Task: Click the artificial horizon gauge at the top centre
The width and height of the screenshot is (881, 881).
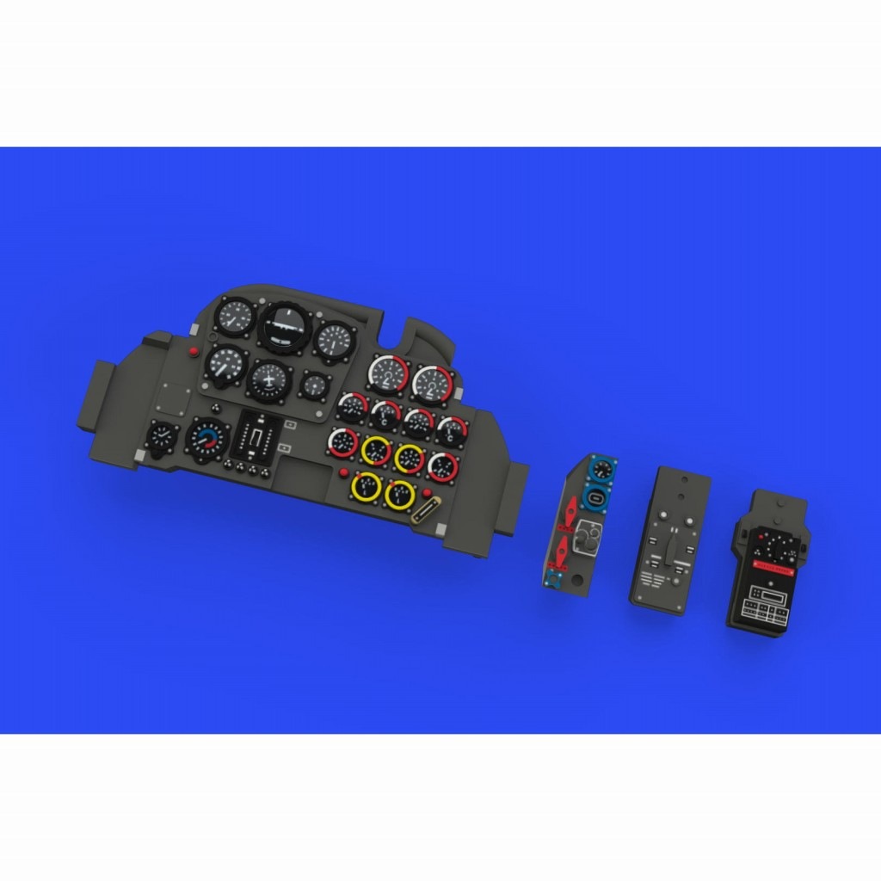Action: [x=285, y=327]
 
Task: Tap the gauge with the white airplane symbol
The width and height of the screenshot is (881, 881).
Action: [x=269, y=379]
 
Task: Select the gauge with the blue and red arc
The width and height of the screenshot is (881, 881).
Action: [x=206, y=440]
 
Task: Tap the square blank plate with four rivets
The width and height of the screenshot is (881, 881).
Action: [x=178, y=398]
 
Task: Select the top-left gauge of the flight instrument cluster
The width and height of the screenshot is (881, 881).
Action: [x=234, y=317]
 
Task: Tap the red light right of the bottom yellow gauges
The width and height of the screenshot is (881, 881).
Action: [x=426, y=492]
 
